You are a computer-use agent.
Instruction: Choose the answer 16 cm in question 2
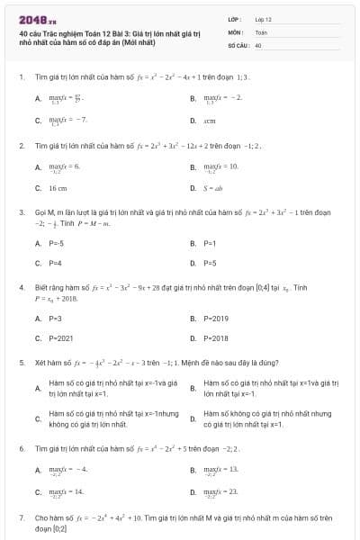pos(58,188)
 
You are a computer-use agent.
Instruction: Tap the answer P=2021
pos(61,337)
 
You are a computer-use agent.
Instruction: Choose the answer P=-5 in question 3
pos(58,243)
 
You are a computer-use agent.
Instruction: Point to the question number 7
pos(21,518)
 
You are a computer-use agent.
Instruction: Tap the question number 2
pos(21,145)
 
